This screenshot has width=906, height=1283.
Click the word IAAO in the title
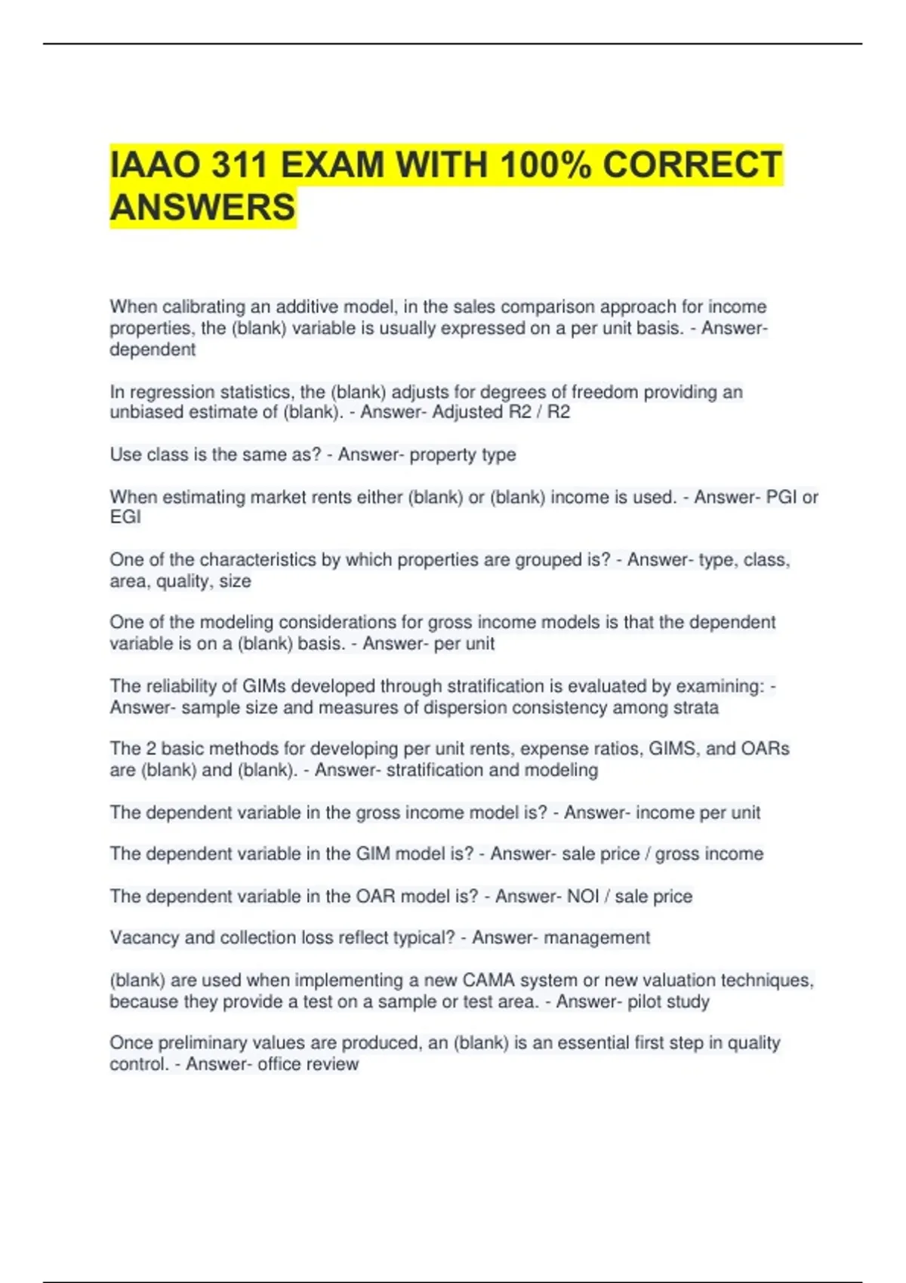point(152,165)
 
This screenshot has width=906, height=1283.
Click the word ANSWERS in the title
point(202,208)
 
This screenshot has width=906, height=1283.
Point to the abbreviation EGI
point(125,518)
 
